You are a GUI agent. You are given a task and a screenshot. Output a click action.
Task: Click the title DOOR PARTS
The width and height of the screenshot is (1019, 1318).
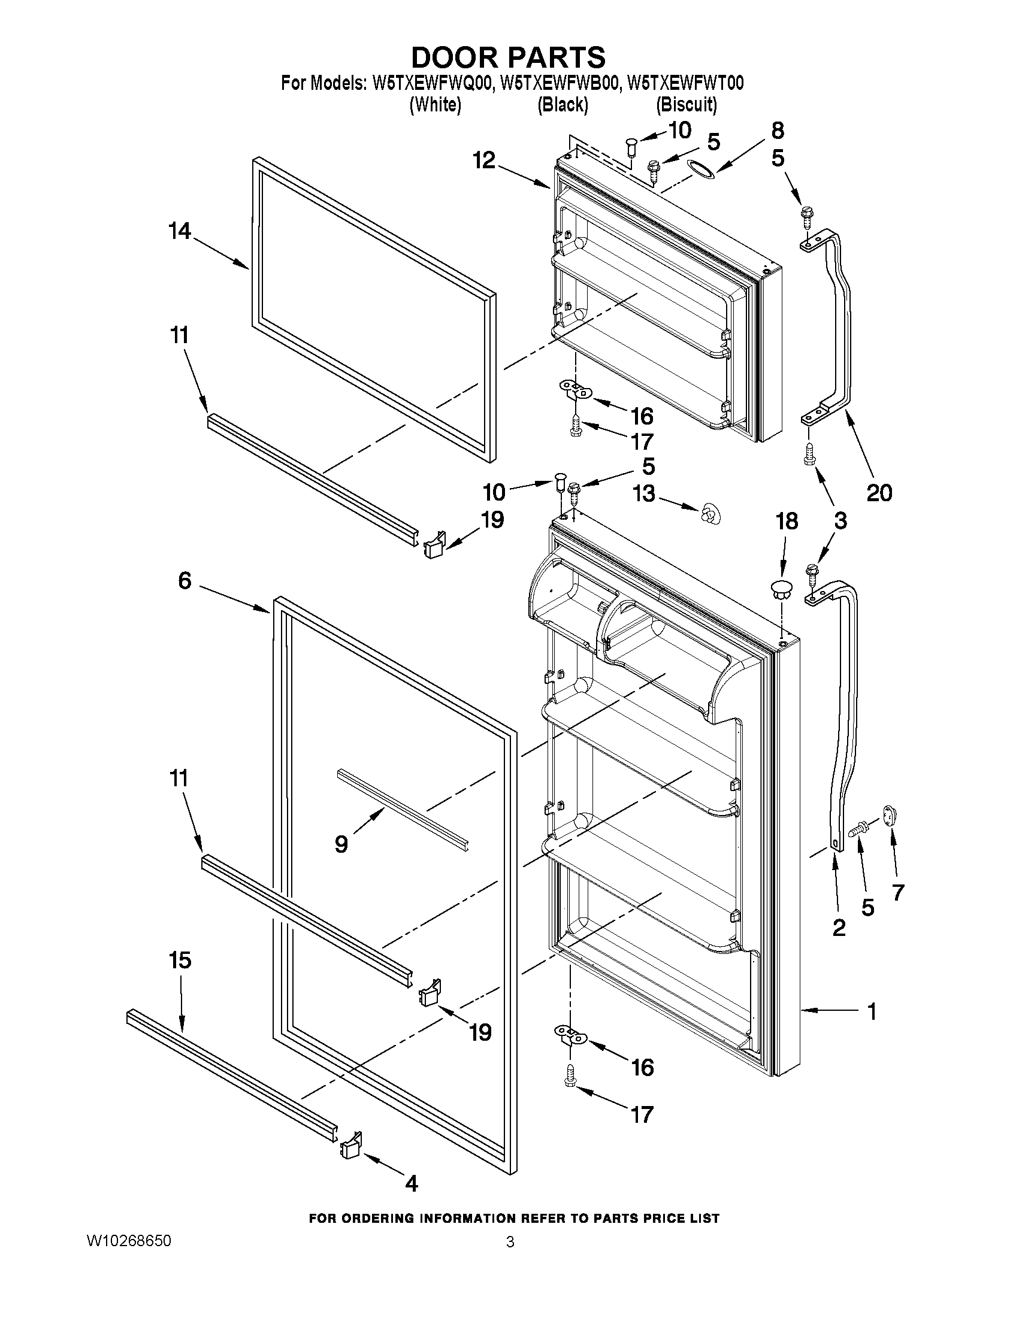[x=508, y=57]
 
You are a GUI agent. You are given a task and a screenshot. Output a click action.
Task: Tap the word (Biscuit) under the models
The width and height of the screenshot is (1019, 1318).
[x=687, y=105]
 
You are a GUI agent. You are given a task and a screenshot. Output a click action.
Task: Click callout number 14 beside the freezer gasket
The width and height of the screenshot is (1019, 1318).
[x=180, y=231]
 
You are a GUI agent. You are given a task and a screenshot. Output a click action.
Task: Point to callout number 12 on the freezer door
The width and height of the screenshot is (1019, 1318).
[x=484, y=160]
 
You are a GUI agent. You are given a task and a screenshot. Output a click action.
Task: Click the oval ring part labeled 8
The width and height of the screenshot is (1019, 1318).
[x=701, y=170]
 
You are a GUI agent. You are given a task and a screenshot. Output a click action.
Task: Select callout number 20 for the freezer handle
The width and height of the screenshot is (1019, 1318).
[x=879, y=493]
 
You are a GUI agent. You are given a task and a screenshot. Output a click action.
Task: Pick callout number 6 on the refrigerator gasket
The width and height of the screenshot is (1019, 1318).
[x=185, y=580]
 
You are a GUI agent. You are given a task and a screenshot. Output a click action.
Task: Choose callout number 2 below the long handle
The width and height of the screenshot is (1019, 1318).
[x=839, y=928]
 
